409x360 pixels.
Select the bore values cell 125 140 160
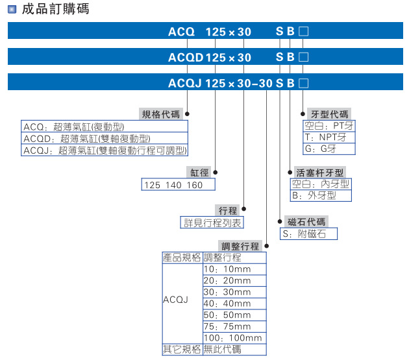173,185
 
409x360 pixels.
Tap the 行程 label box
228,210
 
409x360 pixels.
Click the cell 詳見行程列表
212,222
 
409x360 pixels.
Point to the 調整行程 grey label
240,246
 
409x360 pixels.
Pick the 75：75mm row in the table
227,326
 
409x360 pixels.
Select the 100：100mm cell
233,338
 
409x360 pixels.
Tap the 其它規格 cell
181,350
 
